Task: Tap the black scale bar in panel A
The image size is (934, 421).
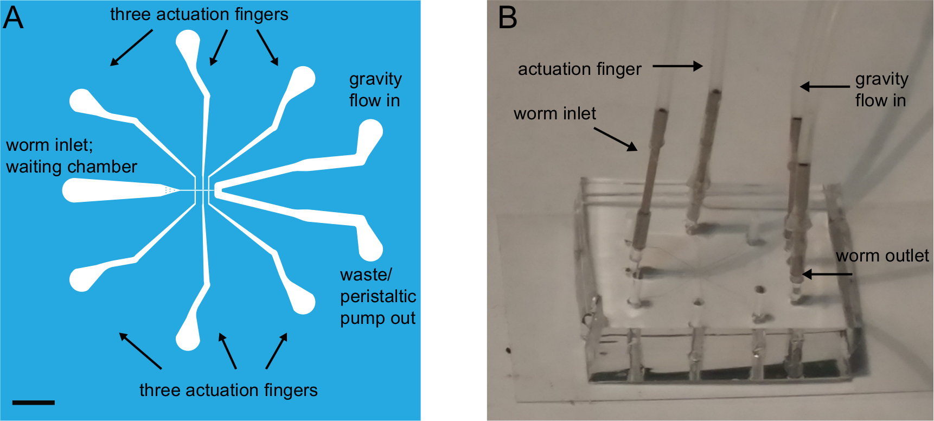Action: [x=33, y=403]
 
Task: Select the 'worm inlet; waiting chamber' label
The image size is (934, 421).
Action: [x=71, y=156]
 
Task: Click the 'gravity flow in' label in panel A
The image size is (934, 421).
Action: [x=375, y=90]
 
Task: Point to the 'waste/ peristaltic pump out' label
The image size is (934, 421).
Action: [x=378, y=296]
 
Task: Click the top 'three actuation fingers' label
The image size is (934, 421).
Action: [x=199, y=15]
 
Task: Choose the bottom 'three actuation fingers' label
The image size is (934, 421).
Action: [x=228, y=390]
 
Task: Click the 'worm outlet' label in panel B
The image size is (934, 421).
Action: [x=882, y=256]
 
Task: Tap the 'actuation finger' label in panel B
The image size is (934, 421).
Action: [x=579, y=69]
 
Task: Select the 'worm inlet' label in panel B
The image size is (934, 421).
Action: [x=554, y=113]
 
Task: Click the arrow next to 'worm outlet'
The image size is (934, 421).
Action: [x=827, y=274]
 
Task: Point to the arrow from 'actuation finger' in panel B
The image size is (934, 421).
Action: [x=677, y=66]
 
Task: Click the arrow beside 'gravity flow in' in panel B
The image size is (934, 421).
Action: [x=824, y=86]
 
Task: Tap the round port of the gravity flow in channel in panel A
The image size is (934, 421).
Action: [x=371, y=131]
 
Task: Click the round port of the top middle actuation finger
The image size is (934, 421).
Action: [x=188, y=41]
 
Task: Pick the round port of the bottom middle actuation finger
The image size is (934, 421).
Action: [x=188, y=340]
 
